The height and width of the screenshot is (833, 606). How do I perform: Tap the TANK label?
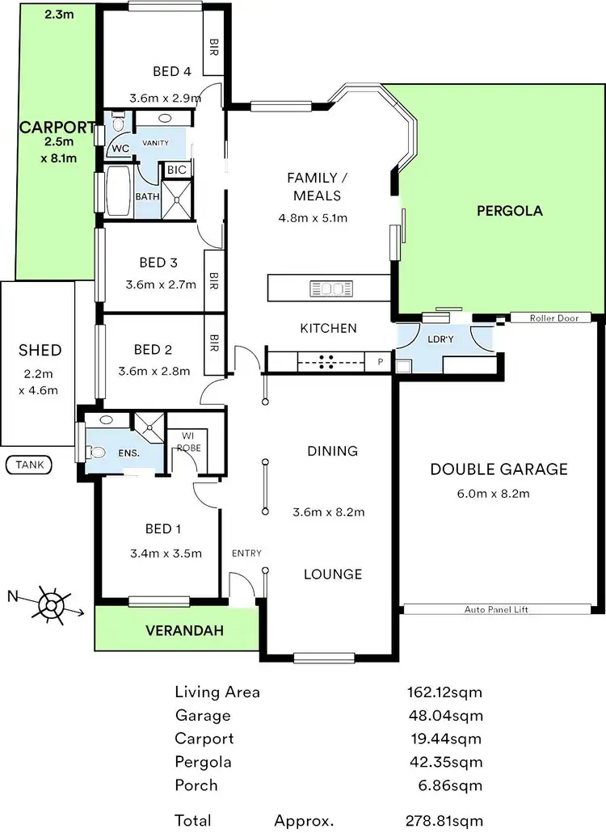(28, 465)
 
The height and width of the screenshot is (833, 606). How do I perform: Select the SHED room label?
(40, 350)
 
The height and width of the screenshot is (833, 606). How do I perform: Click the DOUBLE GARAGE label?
(499, 469)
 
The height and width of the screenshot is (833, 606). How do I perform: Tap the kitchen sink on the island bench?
(330, 288)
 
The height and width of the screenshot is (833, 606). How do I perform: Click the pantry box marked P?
(378, 363)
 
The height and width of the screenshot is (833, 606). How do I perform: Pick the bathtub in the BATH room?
(118, 191)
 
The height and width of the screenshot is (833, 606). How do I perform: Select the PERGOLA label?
(509, 211)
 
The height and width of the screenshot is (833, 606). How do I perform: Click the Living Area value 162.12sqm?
(444, 692)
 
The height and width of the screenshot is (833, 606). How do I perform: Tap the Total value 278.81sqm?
(444, 820)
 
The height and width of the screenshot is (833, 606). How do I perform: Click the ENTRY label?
(246, 553)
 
